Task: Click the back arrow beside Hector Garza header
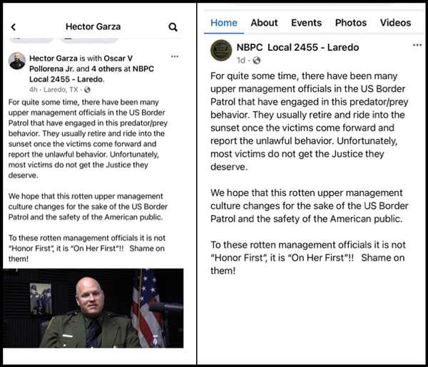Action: pyautogui.click(x=13, y=27)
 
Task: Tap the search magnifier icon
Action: pyautogui.click(x=173, y=27)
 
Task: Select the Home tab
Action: pyautogui.click(x=224, y=23)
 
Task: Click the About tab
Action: pyautogui.click(x=264, y=23)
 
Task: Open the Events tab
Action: pyautogui.click(x=306, y=23)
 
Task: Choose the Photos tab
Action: pyautogui.click(x=351, y=23)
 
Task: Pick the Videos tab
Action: pyautogui.click(x=395, y=23)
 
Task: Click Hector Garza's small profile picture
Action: pyautogui.click(x=17, y=61)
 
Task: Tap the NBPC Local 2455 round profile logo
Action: pyautogui.click(x=220, y=50)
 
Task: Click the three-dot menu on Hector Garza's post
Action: pyautogui.click(x=175, y=56)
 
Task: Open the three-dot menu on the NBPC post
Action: pyautogui.click(x=417, y=45)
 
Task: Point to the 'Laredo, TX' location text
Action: pyautogui.click(x=61, y=90)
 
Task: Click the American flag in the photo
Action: pyautogui.click(x=147, y=306)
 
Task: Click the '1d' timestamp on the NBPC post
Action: pyautogui.click(x=241, y=60)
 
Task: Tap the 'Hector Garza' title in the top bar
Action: pyautogui.click(x=93, y=27)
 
